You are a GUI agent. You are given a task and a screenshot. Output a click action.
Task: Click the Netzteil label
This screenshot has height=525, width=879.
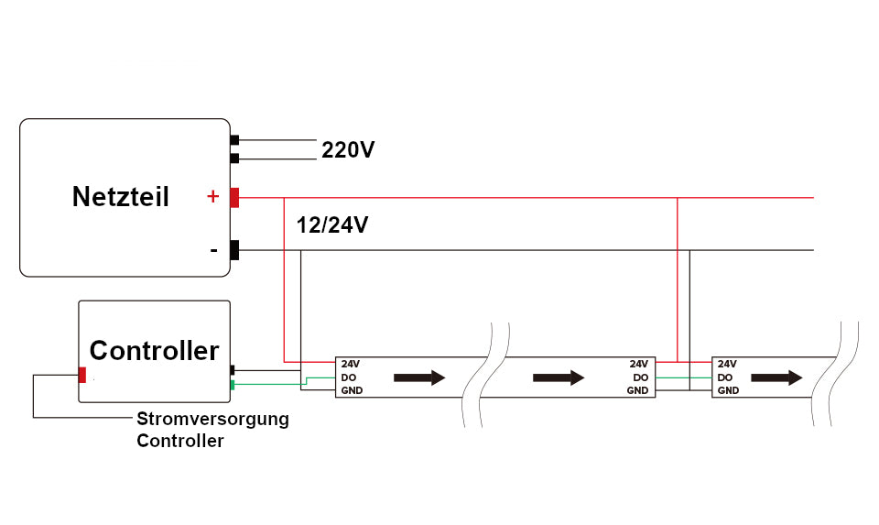point(120,197)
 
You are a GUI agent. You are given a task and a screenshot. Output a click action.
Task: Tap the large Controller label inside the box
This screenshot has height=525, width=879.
point(154,350)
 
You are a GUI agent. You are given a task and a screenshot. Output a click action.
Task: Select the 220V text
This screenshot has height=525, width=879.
point(347,150)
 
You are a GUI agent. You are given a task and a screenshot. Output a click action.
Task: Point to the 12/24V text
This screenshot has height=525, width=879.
point(332,225)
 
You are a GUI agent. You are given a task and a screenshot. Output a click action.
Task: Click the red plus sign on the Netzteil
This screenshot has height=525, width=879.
point(212,196)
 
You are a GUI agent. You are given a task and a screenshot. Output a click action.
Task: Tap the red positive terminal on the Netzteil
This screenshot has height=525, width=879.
point(234,197)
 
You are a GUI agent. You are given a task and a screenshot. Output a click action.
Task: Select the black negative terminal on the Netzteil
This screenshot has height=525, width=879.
point(234,250)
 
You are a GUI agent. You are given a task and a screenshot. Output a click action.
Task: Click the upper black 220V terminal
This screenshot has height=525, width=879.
point(234,140)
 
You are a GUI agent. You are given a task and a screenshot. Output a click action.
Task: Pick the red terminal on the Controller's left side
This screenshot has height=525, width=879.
point(82,374)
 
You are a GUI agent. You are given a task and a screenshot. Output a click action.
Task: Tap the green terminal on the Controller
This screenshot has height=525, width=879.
point(233,384)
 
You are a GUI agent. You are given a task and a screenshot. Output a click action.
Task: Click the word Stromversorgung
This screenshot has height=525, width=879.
point(212,420)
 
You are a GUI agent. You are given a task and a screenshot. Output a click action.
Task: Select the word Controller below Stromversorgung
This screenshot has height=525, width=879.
point(180,441)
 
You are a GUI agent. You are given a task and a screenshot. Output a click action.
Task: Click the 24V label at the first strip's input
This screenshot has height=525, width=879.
point(350,364)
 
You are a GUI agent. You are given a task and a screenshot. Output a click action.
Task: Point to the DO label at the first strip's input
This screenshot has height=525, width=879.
point(348,377)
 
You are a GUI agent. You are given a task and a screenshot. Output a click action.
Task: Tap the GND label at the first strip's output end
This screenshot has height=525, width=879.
point(637,391)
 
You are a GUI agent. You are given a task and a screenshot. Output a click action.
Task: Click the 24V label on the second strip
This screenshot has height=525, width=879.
point(727,364)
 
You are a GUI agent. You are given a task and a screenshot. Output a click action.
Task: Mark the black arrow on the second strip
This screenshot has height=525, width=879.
point(777,377)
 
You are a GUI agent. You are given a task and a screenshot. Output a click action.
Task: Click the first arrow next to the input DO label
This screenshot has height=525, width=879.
point(419,377)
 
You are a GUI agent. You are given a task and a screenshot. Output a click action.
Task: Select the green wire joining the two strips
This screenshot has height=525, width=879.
point(683,377)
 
